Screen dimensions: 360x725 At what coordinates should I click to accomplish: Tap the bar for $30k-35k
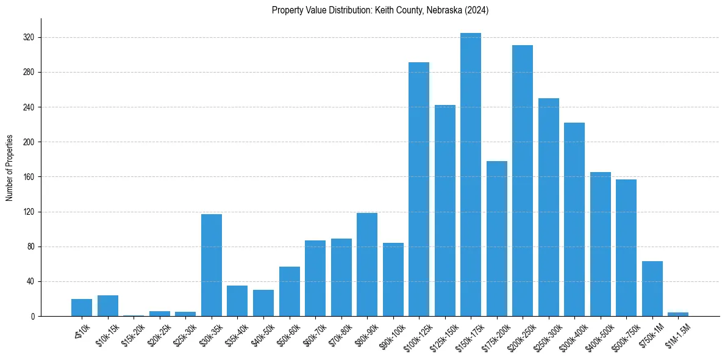coord(212,265)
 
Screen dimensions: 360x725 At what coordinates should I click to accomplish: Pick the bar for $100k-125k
coord(419,189)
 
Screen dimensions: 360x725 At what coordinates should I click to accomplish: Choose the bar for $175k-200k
coord(497,239)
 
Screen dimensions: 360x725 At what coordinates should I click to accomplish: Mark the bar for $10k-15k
coord(108,306)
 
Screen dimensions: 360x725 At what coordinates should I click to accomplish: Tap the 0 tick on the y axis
coord(33,316)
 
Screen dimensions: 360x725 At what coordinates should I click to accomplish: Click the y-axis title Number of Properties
coord(9,168)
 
